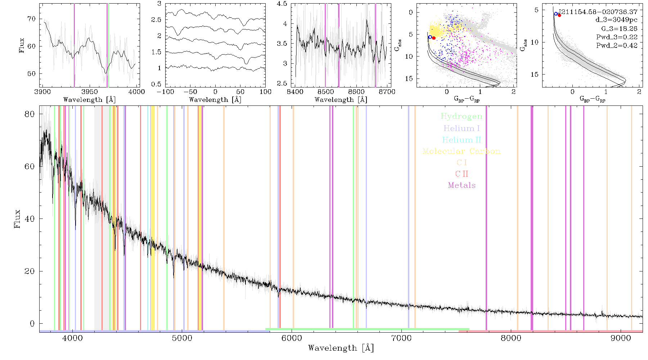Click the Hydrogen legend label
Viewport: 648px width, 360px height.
pyautogui.click(x=461, y=116)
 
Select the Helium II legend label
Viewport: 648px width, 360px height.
pyautogui.click(x=462, y=140)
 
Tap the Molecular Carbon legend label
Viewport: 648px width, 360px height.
pyautogui.click(x=462, y=151)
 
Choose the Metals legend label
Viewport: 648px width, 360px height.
pyautogui.click(x=462, y=185)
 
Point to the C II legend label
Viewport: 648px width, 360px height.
pyautogui.click(x=462, y=174)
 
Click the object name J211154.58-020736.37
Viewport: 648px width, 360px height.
pyautogui.click(x=598, y=12)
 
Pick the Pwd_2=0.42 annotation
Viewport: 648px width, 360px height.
pyautogui.click(x=617, y=45)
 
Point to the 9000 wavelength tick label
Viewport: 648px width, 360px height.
pyautogui.click(x=621, y=338)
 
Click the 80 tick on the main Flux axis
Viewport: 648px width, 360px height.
pyautogui.click(x=30, y=114)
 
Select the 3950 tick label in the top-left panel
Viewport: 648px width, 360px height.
pyautogui.click(x=90, y=91)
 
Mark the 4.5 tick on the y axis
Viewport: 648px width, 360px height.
pyautogui.click(x=282, y=4)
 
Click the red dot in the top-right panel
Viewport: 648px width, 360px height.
pyautogui.click(x=559, y=15)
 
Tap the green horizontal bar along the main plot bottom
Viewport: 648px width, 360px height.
pyautogui.click(x=367, y=329)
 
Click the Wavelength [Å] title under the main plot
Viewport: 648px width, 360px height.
pyautogui.click(x=341, y=348)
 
